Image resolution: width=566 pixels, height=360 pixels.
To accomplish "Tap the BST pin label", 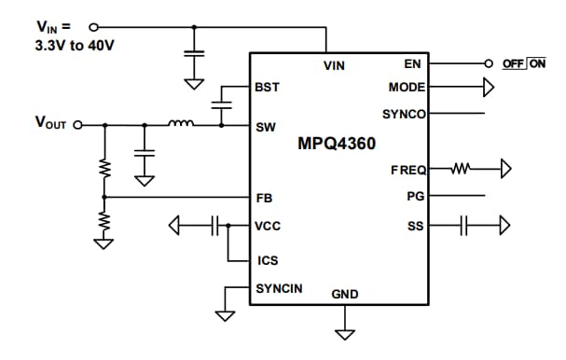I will (268, 87).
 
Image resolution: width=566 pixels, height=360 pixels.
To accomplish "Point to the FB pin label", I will (264, 198).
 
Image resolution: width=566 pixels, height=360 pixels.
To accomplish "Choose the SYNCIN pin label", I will (279, 288).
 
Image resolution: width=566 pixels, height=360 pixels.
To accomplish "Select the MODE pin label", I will (407, 88).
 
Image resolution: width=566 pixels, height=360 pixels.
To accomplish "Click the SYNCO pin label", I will (404, 114).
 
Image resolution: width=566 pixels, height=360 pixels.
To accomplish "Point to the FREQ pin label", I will (408, 170).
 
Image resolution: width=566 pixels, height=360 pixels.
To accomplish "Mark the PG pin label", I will (416, 197).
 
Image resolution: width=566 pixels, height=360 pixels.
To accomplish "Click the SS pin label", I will (417, 225).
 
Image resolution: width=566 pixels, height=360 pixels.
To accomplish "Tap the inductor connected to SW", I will (181, 123).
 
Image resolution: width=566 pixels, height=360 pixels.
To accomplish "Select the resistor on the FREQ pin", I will (464, 170).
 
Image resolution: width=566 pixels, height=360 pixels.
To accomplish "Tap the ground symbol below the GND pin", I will (345, 333).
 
